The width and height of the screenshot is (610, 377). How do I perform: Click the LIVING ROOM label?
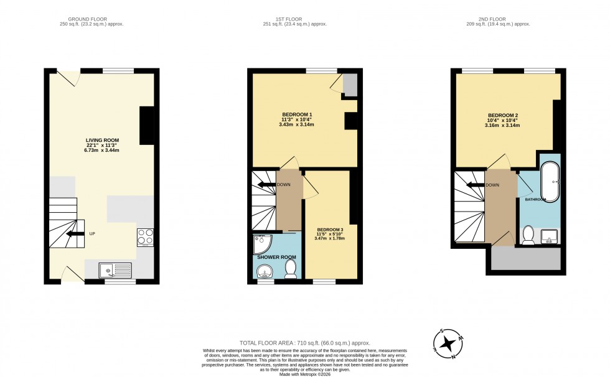tap(103, 140)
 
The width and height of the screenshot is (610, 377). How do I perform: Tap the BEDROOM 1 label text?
tap(297, 114)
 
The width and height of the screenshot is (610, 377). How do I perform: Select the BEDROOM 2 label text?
tap(503, 115)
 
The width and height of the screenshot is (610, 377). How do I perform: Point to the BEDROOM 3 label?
tap(330, 228)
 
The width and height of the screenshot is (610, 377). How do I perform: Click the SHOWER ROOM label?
tap(276, 257)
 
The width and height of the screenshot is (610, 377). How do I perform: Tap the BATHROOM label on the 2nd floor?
tap(535, 199)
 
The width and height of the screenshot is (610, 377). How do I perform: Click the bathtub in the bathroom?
tap(550, 180)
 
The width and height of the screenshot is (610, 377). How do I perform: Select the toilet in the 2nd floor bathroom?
tap(528, 235)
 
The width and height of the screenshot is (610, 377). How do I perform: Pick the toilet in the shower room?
tap(290, 268)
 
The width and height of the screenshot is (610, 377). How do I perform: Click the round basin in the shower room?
tap(265, 271)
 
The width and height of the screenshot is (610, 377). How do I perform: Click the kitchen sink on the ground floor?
tap(115, 270)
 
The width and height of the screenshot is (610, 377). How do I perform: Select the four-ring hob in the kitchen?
tap(145, 237)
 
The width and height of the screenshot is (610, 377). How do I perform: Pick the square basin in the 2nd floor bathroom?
tap(549, 236)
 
